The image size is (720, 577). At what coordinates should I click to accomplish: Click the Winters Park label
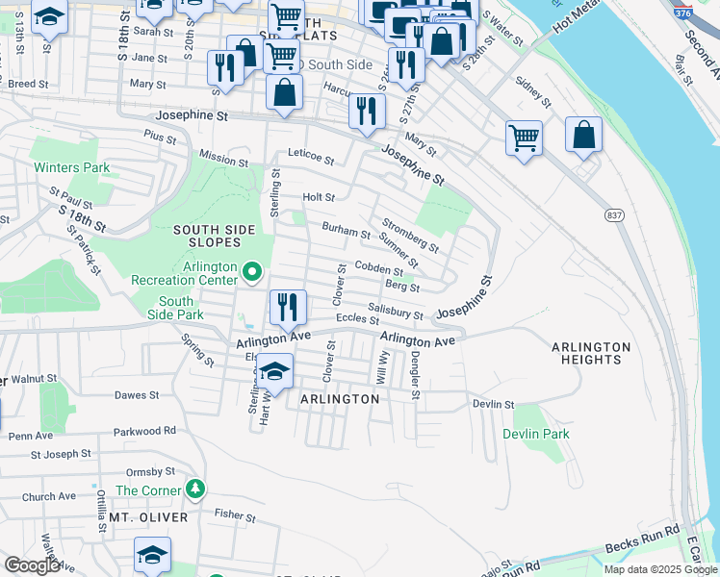coord(72,167)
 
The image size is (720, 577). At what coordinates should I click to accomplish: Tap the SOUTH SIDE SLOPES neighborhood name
coord(214,237)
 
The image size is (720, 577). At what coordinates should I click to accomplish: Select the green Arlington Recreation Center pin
coord(252,272)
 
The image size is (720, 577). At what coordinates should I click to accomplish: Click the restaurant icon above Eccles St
coord(288,308)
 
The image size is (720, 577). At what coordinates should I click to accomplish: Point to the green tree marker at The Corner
coord(195,489)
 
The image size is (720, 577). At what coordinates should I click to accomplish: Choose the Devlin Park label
coord(536,434)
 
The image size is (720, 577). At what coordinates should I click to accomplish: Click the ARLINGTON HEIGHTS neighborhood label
coord(590,353)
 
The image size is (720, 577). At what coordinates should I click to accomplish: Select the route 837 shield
coord(613,214)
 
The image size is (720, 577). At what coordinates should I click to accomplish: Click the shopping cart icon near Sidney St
coord(524,137)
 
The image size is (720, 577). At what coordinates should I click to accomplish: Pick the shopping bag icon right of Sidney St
coord(583,135)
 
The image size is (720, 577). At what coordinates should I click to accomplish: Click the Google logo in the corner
coord(32,565)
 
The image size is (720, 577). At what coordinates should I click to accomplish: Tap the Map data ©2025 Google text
coord(659,569)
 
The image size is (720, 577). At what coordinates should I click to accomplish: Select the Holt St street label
coord(319,197)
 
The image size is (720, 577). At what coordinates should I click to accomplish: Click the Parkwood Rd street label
coord(144,431)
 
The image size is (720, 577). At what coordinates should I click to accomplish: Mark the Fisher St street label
coord(235,515)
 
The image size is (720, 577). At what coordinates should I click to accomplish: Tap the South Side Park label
coord(175,308)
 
